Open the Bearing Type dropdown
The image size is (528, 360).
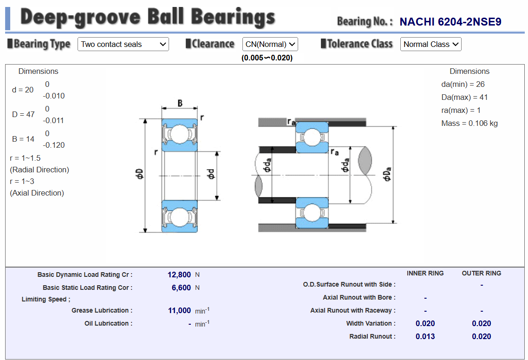[x=123, y=44]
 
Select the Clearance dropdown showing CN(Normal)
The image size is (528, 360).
[x=270, y=44]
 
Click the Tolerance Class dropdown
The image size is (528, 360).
[x=430, y=44]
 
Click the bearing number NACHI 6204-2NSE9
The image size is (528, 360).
[x=450, y=22]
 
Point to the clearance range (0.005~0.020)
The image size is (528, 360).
[x=267, y=58]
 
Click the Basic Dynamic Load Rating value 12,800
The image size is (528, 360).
[x=179, y=275]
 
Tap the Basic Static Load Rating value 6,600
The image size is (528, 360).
[x=181, y=288]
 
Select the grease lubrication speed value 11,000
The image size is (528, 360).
[x=179, y=310]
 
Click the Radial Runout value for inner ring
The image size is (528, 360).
[x=425, y=336]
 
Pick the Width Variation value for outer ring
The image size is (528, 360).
[x=481, y=323]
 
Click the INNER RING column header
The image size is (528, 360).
[x=425, y=273]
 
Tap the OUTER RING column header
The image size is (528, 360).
[x=481, y=273]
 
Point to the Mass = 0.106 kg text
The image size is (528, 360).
[x=469, y=123]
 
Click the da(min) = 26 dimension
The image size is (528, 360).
[x=463, y=84]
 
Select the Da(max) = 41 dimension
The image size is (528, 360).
[x=464, y=97]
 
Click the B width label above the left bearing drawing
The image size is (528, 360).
[x=180, y=103]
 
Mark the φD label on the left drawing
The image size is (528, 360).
[x=139, y=175]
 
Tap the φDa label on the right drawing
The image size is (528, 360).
[x=388, y=175]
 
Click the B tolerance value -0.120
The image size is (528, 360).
[x=54, y=145]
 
